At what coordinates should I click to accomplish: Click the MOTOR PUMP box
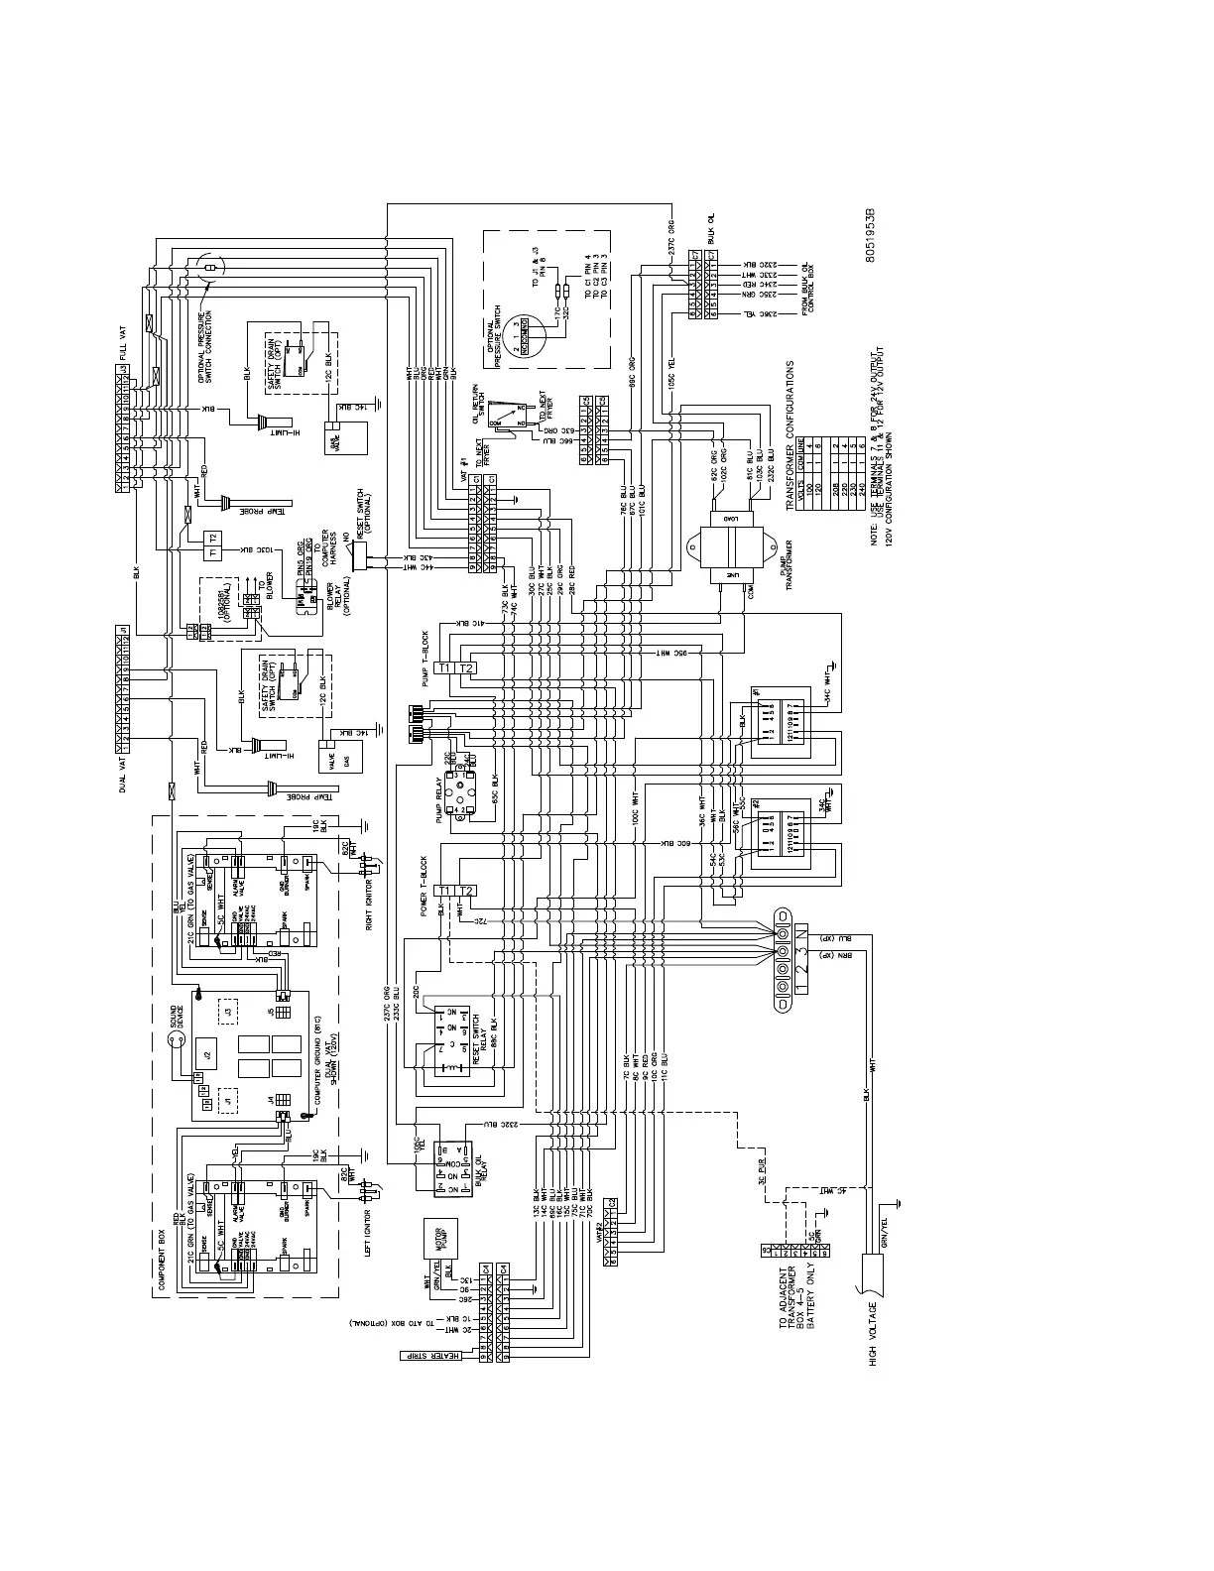tap(440, 1234)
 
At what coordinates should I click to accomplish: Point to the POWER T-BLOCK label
tap(425, 884)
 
